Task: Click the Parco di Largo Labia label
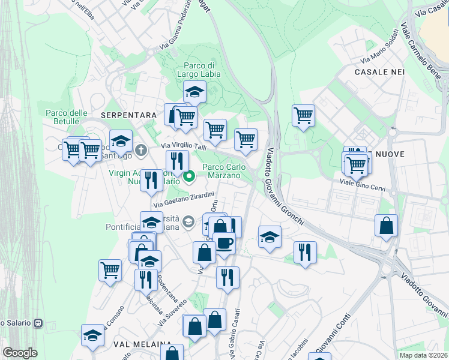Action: [199, 70]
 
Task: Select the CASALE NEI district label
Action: [380, 71]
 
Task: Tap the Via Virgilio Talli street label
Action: [184, 146]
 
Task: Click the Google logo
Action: [20, 353]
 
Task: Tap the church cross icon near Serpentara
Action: [141, 150]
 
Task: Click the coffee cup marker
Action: [224, 244]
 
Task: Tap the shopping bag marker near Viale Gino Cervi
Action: [387, 226]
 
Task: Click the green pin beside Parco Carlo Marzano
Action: [190, 176]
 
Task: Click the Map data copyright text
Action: [424, 355]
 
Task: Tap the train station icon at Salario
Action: [38, 322]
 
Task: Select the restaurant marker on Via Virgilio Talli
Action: [177, 161]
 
